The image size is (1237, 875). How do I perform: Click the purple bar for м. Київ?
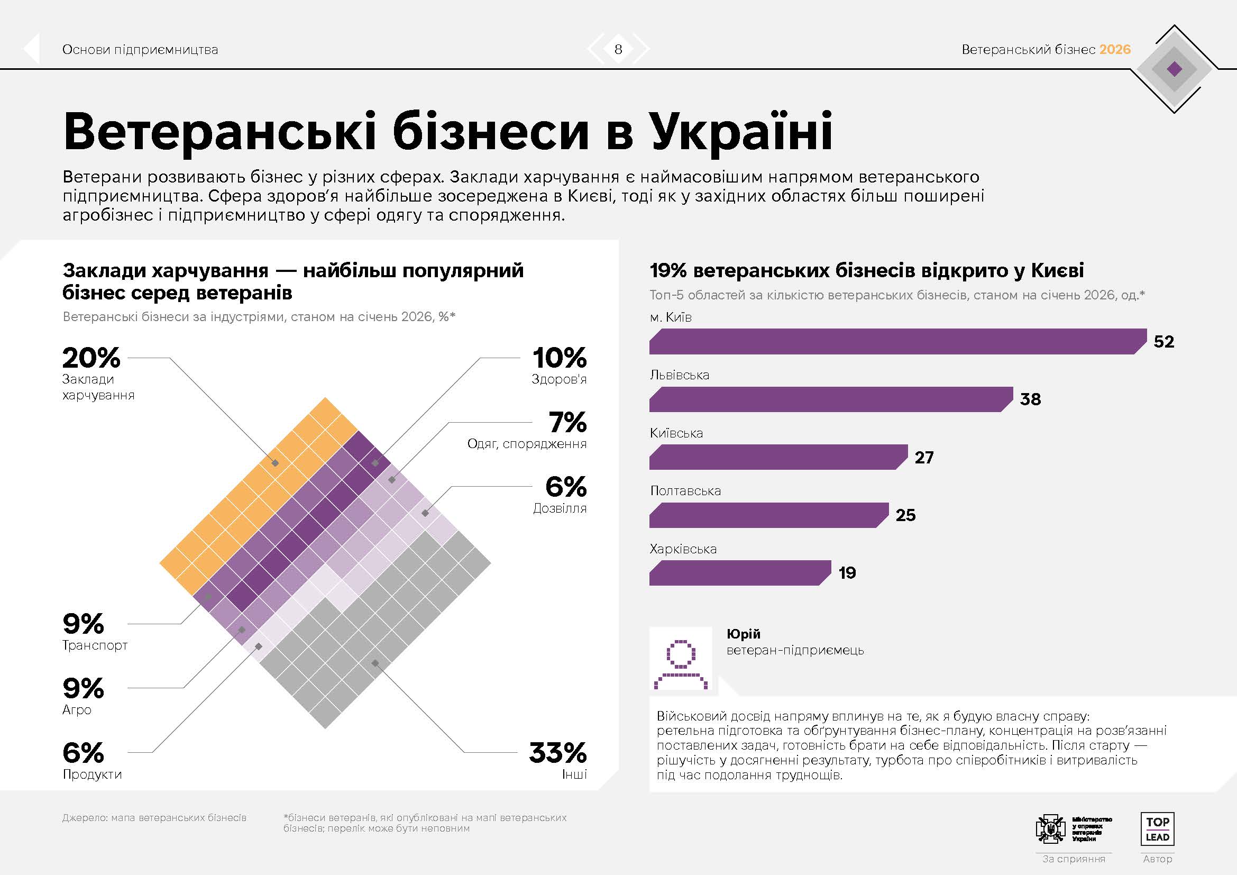pos(897,342)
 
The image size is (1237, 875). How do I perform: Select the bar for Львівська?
pos(830,399)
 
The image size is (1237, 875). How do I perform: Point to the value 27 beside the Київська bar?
pos(924,458)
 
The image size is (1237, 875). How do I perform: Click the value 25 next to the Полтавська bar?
pos(905,515)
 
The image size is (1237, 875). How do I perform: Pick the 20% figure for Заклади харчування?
pos(91,358)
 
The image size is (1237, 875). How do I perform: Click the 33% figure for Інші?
pos(557,753)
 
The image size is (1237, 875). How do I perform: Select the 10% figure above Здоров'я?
pos(559,358)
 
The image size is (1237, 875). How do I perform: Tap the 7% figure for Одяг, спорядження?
pos(567,422)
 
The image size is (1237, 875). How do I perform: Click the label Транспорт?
pos(95,645)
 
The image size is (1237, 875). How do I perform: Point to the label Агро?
pos(77,710)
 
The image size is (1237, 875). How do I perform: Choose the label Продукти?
pos(92,774)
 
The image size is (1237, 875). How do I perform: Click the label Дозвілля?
pos(559,508)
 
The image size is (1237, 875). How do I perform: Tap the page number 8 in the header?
pos(618,50)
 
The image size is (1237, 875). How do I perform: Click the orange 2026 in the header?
pos(1115,50)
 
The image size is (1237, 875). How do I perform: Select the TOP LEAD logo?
pos(1157,829)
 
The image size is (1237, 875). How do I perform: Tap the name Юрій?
pos(743,634)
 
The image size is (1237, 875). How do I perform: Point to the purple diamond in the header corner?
pos(1175,69)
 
